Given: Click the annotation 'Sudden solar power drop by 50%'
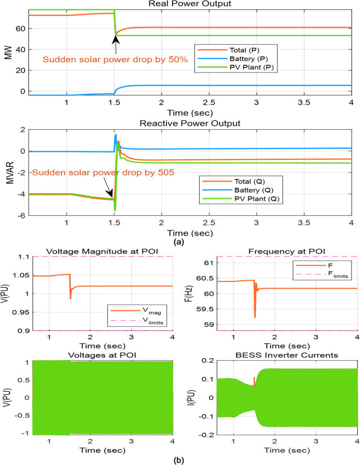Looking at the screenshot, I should click(115, 59).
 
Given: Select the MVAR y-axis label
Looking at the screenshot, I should click(8, 172).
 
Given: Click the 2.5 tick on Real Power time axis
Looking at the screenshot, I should click(209, 102).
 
